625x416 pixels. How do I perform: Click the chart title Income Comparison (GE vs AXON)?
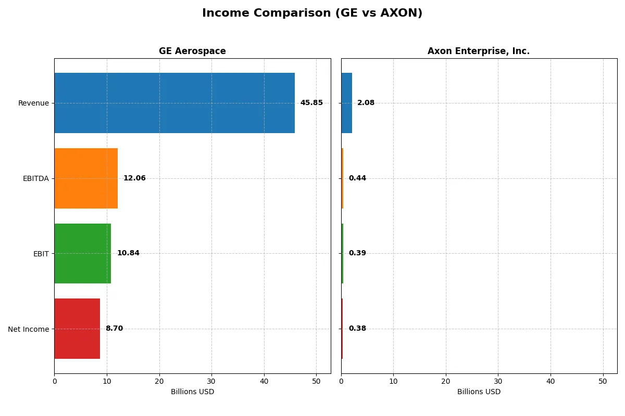click(312, 14)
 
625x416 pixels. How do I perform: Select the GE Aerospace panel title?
click(192, 51)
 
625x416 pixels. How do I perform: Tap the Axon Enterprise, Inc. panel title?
click(478, 51)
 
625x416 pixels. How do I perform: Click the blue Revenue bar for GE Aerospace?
click(174, 103)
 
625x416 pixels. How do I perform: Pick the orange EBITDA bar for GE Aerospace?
click(86, 178)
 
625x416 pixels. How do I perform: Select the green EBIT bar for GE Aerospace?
click(82, 253)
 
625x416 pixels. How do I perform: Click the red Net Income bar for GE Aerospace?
click(77, 329)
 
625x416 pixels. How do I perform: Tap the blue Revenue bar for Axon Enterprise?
click(346, 103)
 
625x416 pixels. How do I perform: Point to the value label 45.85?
click(311, 103)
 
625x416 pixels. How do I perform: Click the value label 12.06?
click(134, 178)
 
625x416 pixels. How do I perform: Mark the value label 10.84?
click(128, 253)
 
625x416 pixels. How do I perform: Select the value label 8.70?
click(114, 329)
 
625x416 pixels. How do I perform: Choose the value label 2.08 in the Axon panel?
click(366, 103)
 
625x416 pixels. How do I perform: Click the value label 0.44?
click(357, 178)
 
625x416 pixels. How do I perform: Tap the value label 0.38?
click(357, 329)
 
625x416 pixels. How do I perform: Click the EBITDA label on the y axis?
click(35, 178)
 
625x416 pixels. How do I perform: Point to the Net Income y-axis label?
click(28, 329)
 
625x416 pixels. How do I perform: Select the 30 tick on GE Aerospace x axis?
click(211, 381)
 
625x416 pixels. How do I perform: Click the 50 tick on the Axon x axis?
click(603, 381)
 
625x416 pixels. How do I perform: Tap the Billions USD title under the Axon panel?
click(479, 392)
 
